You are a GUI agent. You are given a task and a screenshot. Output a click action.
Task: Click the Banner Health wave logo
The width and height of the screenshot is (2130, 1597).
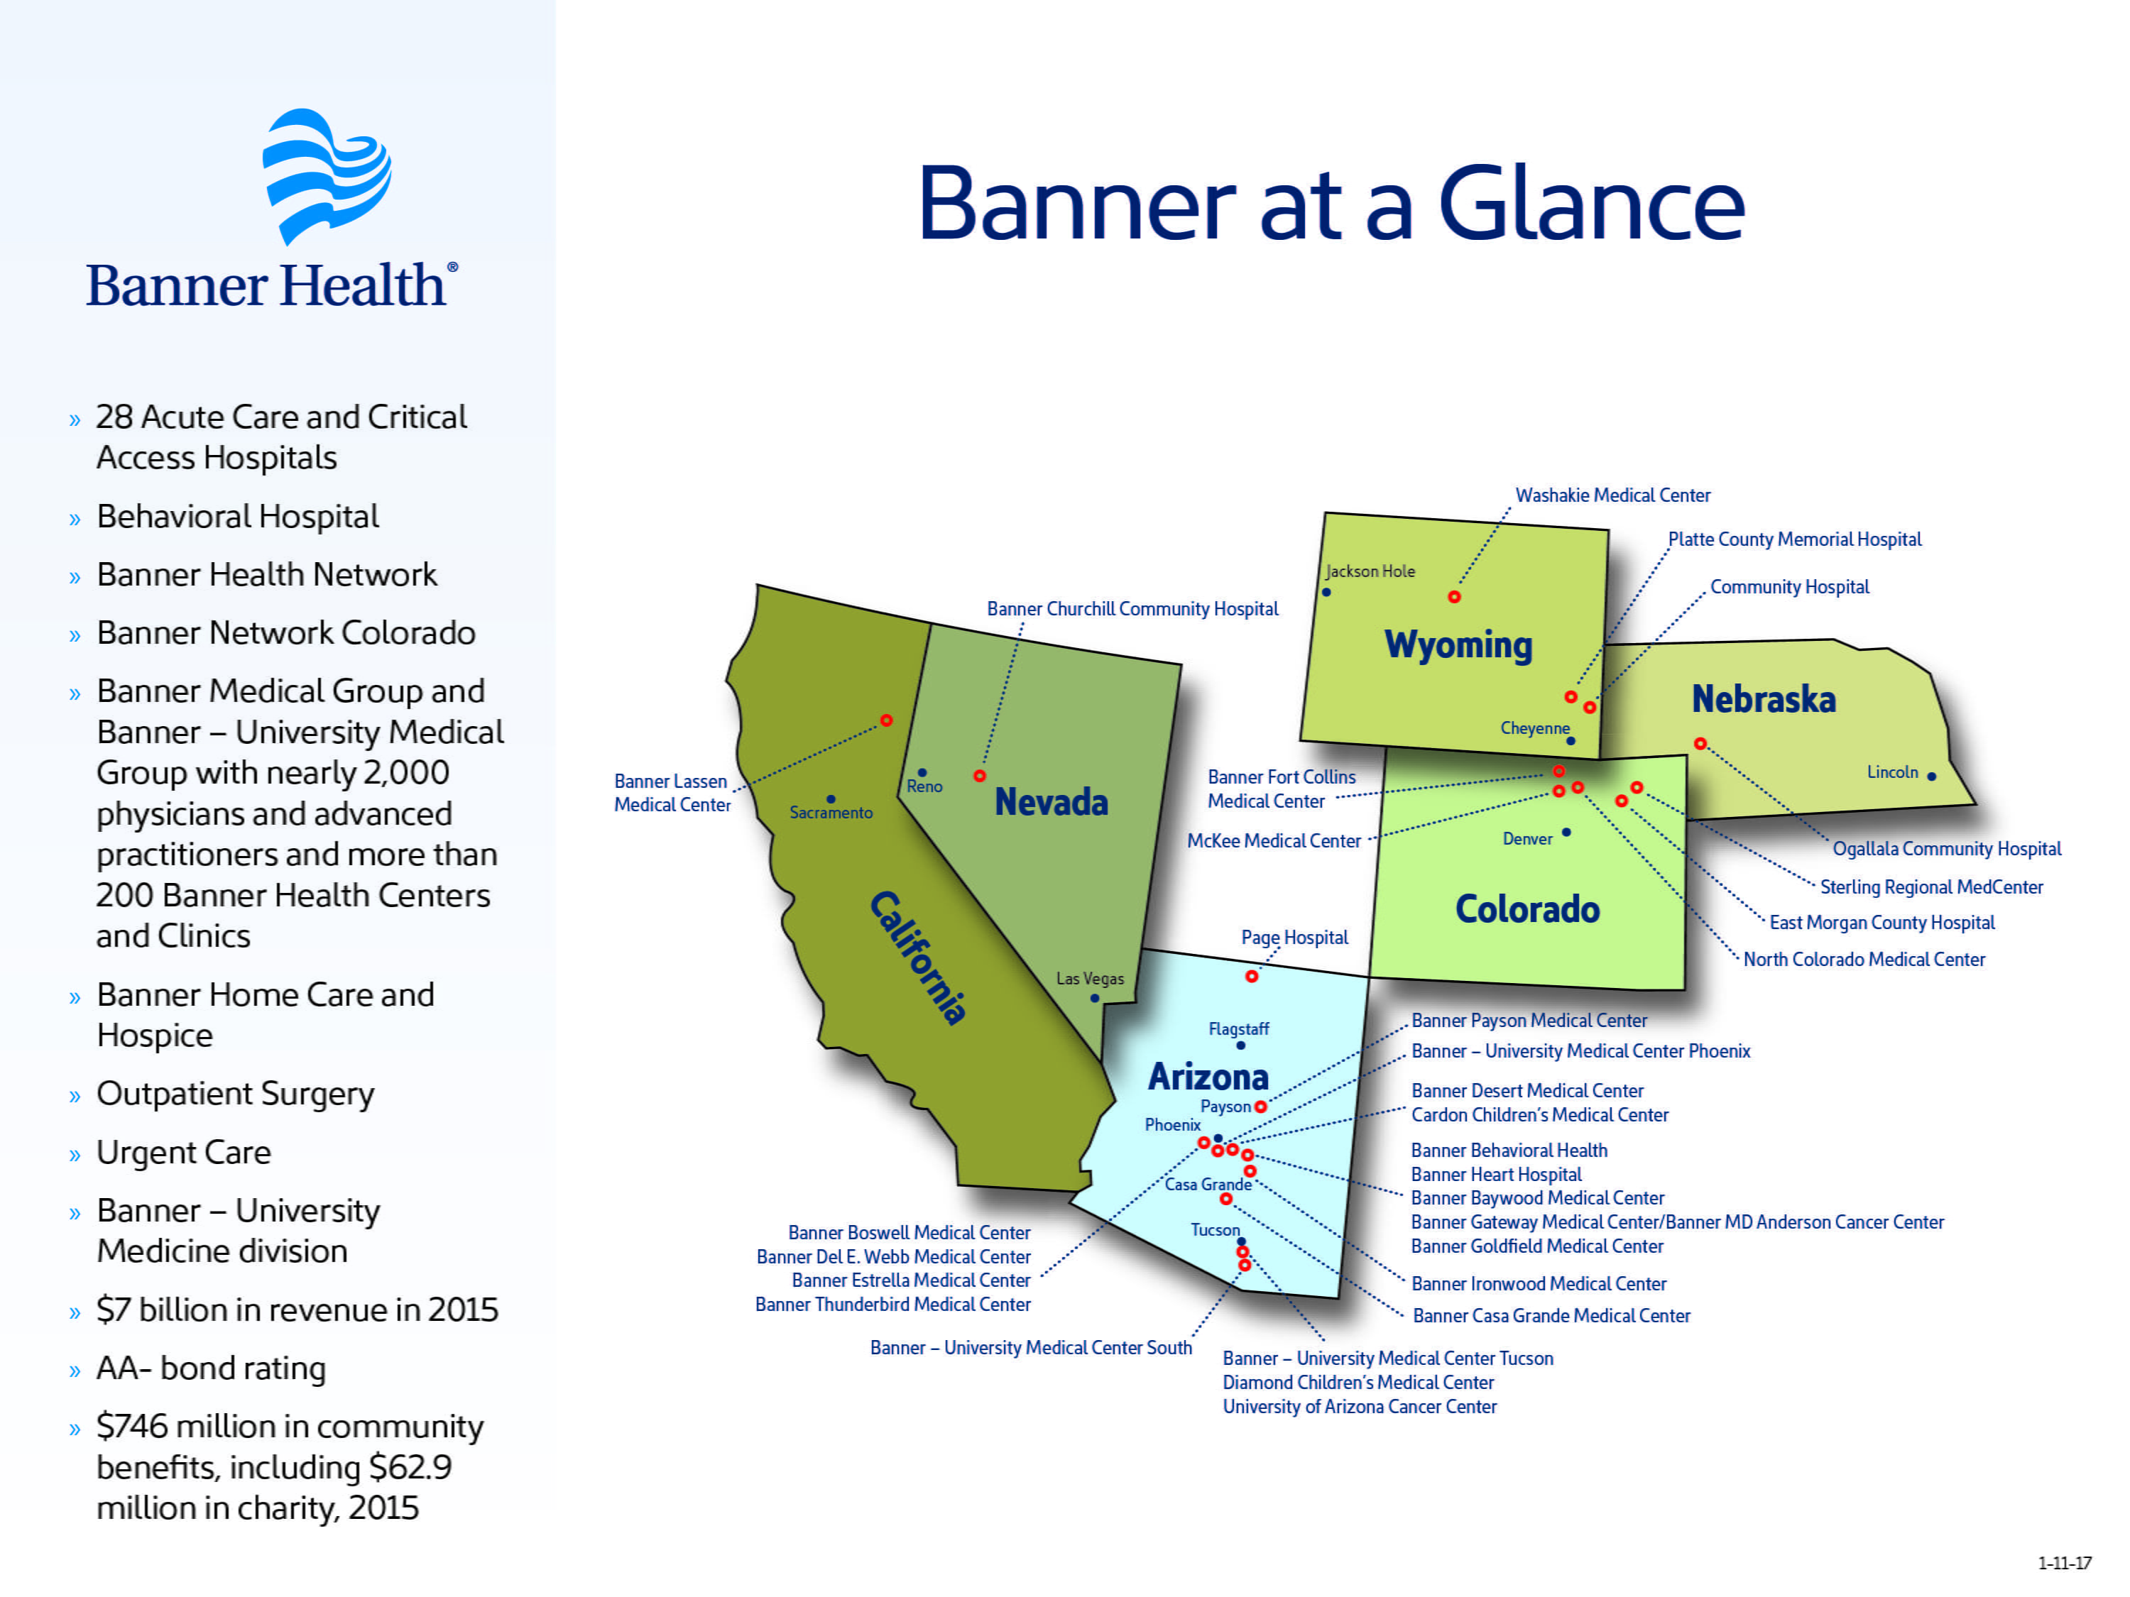tap(327, 175)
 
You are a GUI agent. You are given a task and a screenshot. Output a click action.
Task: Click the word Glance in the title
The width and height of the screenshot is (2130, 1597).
tap(1591, 204)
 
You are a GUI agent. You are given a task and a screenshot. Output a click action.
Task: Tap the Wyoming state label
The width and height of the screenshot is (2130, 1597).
tap(1458, 645)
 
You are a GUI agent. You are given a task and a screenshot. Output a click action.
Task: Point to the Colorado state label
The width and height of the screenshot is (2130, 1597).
tap(1527, 909)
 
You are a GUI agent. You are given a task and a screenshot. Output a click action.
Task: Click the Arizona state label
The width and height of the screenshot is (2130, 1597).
tap(1208, 1076)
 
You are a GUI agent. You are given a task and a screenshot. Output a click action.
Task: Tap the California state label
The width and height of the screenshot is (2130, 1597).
tap(917, 957)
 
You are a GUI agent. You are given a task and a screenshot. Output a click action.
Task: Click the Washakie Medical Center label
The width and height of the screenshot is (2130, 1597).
tap(1613, 495)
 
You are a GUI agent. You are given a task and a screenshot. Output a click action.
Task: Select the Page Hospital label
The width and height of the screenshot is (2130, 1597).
tap(1294, 938)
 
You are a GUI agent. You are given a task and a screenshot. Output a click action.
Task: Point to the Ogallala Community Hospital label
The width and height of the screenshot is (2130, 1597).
tap(1946, 848)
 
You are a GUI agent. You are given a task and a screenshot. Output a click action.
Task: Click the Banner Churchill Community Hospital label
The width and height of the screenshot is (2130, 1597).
tap(1132, 608)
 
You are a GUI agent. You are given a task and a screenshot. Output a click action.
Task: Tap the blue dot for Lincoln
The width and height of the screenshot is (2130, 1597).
tap(1932, 776)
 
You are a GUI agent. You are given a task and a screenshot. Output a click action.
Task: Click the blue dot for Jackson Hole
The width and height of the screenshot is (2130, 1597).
tap(1326, 592)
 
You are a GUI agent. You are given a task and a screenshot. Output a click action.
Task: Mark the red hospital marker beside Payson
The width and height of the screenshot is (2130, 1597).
tap(1260, 1107)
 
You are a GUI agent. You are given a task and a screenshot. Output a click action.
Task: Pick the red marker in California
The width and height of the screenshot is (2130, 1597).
tap(886, 720)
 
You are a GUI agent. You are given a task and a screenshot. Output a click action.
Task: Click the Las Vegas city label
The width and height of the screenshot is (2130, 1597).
tap(1089, 978)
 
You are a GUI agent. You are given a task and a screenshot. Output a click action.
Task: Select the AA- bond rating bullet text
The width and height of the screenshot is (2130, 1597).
tap(211, 1368)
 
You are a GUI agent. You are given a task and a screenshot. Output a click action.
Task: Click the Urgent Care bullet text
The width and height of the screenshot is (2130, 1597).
tap(184, 1152)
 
